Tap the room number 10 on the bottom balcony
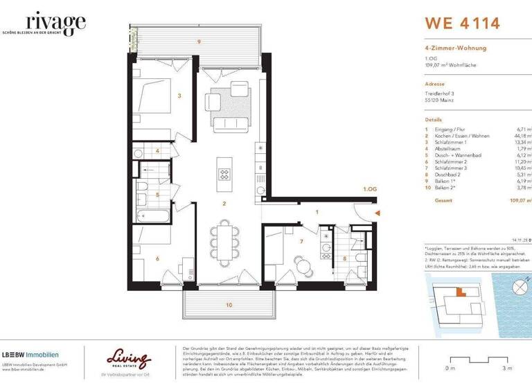point(229,304)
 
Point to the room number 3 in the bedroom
point(179,96)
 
